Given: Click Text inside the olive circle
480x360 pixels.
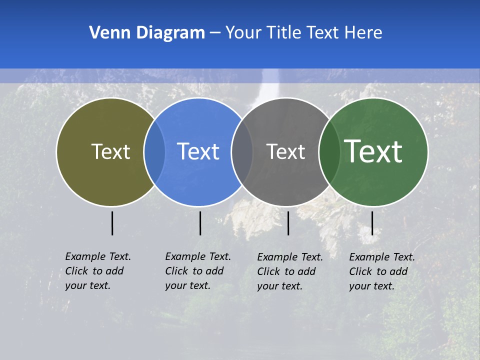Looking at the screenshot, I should coord(110,151).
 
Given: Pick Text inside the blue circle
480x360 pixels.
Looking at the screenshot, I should coord(198,151).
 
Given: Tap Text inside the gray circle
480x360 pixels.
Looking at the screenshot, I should coord(286,151).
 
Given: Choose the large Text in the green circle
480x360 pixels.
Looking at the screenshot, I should coord(373,151).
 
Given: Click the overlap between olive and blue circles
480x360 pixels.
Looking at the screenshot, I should coord(154,151).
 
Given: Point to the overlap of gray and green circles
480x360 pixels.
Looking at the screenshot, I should coord(328,151).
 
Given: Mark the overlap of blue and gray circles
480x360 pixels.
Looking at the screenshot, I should coord(242,151).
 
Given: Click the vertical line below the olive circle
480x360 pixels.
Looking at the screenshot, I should coord(112,223).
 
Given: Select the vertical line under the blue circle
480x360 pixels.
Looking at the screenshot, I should coord(200,223).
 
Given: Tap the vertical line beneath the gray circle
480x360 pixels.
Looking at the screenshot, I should coord(288,223).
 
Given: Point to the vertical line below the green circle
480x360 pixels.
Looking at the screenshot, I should coord(372,223).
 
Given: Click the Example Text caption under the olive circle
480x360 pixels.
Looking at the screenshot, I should coord(98,271).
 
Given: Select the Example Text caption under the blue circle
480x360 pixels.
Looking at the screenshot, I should coord(198,271).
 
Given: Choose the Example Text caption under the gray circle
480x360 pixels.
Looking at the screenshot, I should coord(290,271).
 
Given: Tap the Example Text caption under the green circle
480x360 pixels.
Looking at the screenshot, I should coord(382,271).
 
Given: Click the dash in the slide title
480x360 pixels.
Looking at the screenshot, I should coord(215,33).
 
